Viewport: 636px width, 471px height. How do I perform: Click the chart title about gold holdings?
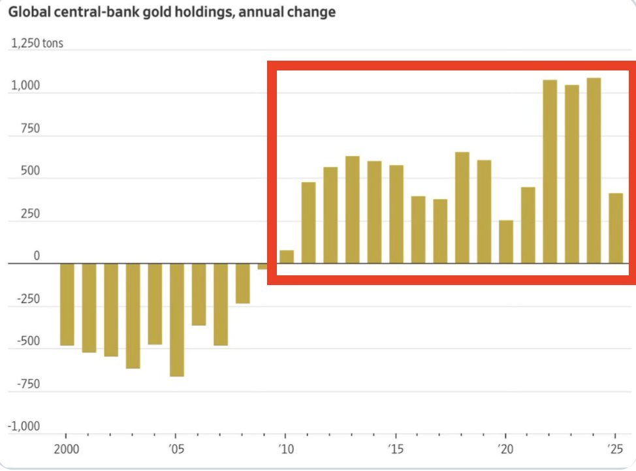[x=172, y=12]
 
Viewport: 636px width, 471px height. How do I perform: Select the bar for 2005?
[x=176, y=320]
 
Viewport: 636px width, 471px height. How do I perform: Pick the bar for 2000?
[x=67, y=304]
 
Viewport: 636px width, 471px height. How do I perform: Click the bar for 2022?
[x=550, y=172]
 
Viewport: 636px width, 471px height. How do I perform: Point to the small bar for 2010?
[x=286, y=256]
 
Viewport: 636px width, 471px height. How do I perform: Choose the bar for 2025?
[x=616, y=228]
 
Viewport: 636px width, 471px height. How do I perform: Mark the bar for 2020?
[x=506, y=242]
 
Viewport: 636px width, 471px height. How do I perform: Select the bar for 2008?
[x=242, y=283]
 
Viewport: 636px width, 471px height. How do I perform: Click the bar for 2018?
[x=462, y=207]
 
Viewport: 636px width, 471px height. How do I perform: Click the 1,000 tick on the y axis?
[x=25, y=86]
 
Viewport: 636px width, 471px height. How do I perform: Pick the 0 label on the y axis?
[x=37, y=256]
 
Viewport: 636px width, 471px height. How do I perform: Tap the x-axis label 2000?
[x=66, y=449]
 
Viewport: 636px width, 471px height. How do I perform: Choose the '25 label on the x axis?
[x=614, y=449]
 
